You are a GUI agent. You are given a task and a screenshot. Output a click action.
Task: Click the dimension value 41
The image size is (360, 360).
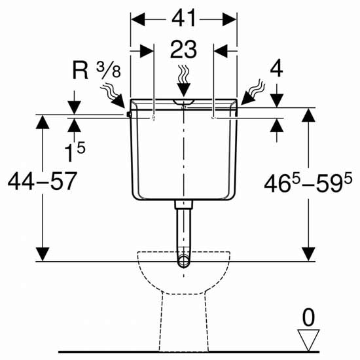184,18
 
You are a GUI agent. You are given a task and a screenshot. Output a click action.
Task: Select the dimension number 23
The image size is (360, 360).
184,49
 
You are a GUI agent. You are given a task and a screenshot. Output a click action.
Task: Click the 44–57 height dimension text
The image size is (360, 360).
42,181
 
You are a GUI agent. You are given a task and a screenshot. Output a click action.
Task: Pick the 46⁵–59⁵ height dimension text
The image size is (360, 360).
308,183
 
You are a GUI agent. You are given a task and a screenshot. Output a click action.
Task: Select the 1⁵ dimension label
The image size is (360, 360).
75,152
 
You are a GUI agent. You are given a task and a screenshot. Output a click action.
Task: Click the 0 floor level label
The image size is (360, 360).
308,317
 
